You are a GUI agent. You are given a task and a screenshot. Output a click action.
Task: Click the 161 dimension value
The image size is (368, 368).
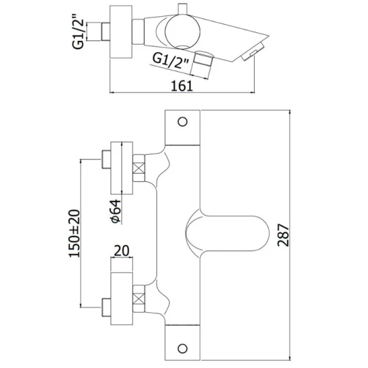point(182,86)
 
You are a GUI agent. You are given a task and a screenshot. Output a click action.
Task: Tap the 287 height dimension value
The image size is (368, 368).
point(283,235)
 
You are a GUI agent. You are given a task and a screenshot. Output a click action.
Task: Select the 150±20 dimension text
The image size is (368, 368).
point(75,233)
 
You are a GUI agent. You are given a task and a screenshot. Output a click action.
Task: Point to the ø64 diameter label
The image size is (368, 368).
point(116,211)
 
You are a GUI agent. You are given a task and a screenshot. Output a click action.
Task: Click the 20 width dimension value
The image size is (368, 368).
point(122,251)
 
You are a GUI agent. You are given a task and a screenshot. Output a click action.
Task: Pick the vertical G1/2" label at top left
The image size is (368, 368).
point(78,32)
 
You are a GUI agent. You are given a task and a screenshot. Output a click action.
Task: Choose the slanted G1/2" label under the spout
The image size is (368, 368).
point(170,61)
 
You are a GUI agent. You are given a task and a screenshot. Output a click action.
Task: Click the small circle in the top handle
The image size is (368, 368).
point(183,122)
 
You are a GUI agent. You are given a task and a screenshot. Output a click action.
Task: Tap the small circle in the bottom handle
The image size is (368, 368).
point(183,349)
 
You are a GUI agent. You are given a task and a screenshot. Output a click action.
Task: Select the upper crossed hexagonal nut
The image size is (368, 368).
point(139,168)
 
